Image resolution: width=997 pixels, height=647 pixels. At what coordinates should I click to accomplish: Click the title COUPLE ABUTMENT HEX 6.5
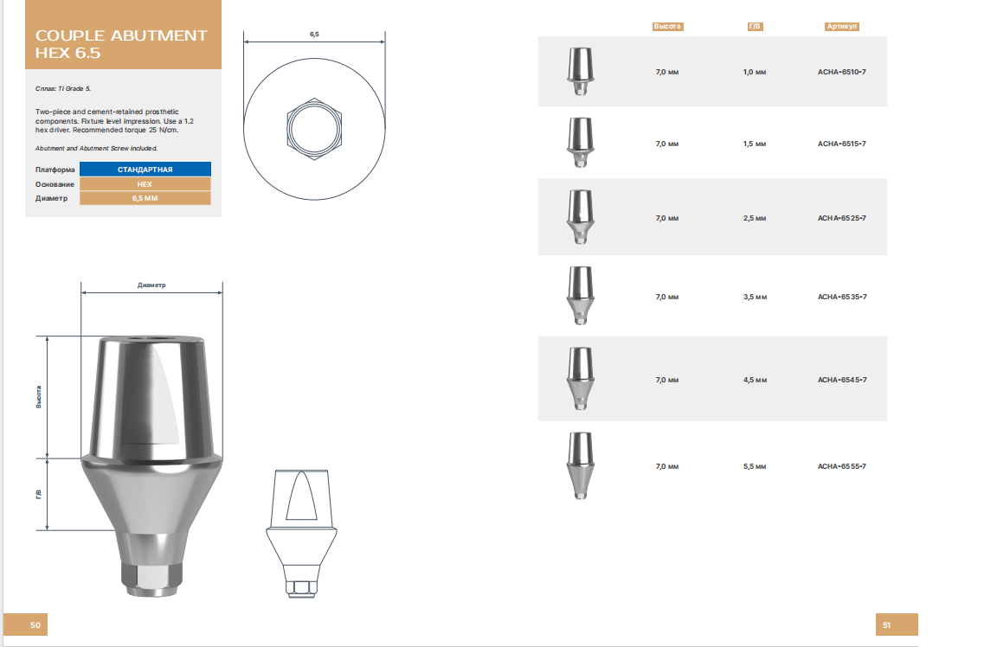121,44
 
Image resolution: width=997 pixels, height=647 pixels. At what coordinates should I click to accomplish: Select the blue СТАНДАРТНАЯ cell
145,170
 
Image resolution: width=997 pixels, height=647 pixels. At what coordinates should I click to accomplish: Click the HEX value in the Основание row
145,184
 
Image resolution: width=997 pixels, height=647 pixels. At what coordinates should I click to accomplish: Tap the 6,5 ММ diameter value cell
145,199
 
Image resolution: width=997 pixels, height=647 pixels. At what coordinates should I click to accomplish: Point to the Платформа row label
55,170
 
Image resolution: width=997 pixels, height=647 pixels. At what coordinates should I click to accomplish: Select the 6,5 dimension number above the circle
314,34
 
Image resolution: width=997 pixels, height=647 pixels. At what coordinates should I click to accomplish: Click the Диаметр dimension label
151,285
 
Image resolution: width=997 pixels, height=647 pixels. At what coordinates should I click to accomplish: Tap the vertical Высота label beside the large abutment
39,397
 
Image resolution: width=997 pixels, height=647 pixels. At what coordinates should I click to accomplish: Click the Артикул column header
841,27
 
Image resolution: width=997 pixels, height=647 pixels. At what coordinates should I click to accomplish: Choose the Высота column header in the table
667,27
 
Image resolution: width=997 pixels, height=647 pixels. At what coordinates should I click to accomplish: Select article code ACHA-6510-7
841,72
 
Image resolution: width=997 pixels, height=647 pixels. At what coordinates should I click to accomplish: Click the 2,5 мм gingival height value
755,218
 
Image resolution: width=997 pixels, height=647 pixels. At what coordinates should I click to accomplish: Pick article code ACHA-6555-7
841,466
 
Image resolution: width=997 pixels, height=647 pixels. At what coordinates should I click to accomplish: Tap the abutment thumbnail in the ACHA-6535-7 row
579,295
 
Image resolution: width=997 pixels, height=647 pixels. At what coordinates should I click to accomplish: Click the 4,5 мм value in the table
755,380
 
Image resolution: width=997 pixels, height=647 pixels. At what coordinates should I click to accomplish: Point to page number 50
35,625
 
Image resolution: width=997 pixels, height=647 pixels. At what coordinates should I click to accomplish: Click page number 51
886,625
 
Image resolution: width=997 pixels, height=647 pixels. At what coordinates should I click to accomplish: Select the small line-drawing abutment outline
300,532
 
